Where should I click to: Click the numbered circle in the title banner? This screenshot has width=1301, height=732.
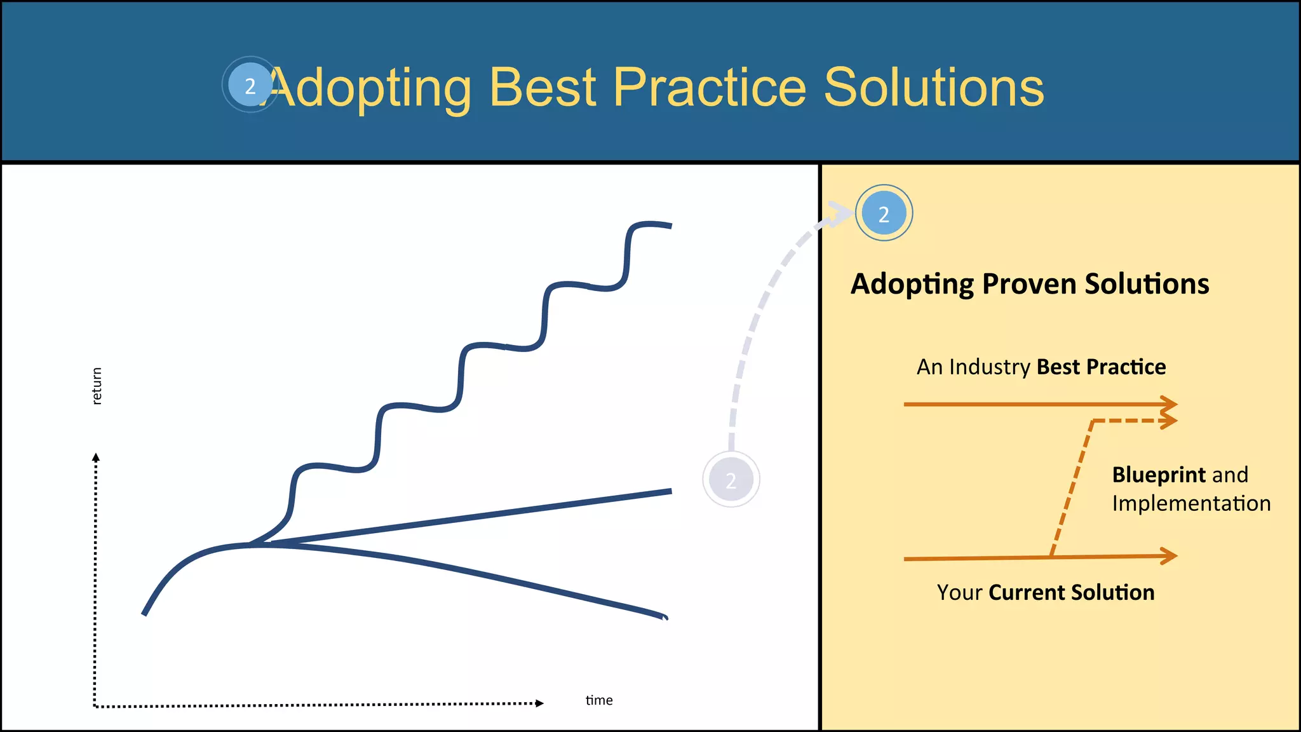(x=250, y=85)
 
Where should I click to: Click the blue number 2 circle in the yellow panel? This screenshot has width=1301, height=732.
(x=884, y=213)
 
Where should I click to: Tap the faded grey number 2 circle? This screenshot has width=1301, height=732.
(x=731, y=480)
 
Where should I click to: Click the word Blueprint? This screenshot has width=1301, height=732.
(x=1158, y=475)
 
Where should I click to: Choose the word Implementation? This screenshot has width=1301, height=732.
(x=1191, y=504)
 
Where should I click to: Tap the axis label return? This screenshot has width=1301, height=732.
(x=97, y=386)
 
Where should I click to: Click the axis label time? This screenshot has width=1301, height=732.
(x=599, y=700)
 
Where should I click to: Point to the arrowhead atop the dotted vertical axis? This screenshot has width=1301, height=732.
(x=96, y=457)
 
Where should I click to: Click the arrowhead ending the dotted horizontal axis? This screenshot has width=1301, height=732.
(x=539, y=703)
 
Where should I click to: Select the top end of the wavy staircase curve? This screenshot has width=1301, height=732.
(x=668, y=225)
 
